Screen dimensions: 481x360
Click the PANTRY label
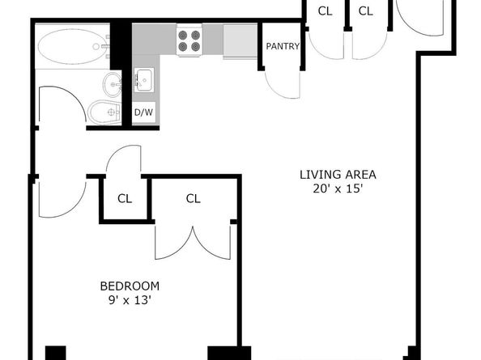(x=283, y=46)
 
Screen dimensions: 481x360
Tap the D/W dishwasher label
(x=143, y=112)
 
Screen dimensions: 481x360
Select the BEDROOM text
(x=130, y=286)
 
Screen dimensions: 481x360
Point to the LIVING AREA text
(x=338, y=175)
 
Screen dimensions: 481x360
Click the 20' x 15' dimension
(x=338, y=188)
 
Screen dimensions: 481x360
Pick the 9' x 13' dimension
(x=130, y=300)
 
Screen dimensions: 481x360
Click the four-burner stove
(x=189, y=41)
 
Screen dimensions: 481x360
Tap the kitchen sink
(x=144, y=80)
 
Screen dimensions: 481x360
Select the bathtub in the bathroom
(x=73, y=47)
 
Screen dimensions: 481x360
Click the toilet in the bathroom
(x=104, y=112)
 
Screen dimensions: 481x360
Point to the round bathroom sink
(x=113, y=84)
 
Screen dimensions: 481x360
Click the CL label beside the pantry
(x=326, y=11)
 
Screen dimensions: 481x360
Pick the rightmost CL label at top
(x=366, y=11)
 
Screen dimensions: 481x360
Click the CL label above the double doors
(x=194, y=199)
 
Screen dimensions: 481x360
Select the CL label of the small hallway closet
(x=125, y=199)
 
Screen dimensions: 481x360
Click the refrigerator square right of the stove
(x=240, y=40)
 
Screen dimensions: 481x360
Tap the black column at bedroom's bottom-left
(x=56, y=353)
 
